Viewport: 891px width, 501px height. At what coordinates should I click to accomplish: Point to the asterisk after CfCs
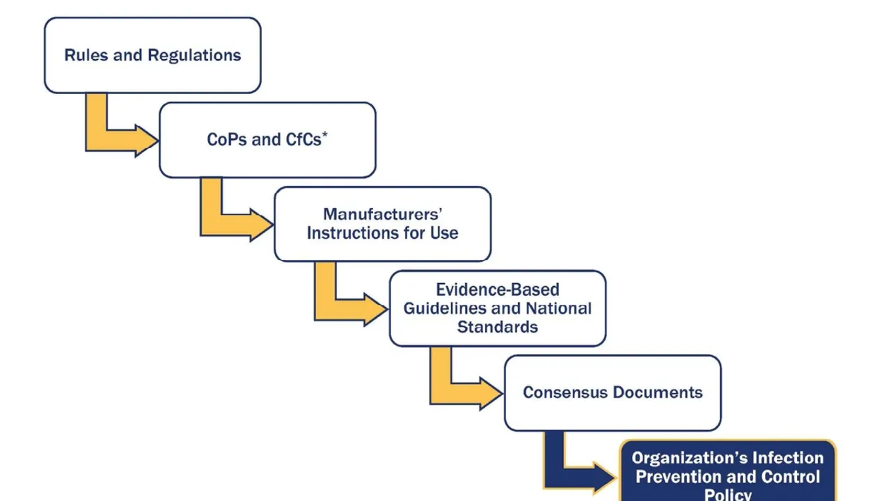pyautogui.click(x=325, y=134)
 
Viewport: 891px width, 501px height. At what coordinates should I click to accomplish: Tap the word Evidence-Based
pyautogui.click(x=497, y=289)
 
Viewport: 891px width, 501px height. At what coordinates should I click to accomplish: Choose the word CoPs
pyautogui.click(x=227, y=140)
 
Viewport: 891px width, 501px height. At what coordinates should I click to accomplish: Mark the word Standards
pyautogui.click(x=497, y=326)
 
